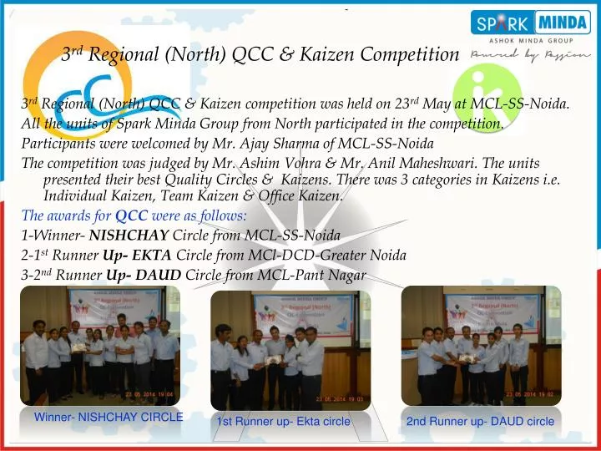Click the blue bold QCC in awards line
click(131, 215)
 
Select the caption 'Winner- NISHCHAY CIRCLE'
click(108, 417)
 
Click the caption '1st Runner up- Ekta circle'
click(283, 422)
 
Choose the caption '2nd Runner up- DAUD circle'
click(480, 422)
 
